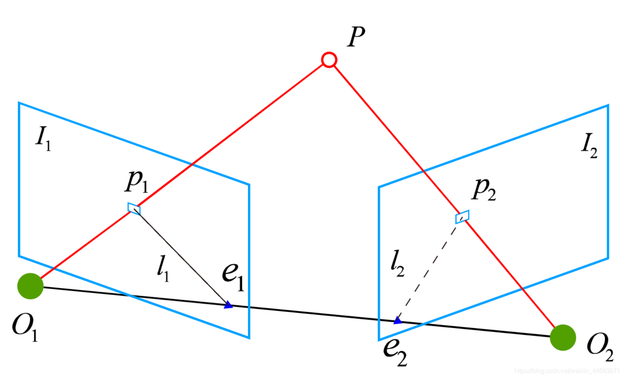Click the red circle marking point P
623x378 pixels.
point(329,60)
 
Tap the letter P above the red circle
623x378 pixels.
point(356,37)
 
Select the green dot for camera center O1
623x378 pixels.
point(30,286)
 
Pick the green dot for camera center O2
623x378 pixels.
point(563,337)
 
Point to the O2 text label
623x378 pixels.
point(600,346)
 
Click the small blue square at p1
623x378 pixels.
point(134,208)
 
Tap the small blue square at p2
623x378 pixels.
point(462,217)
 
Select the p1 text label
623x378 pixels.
point(137,182)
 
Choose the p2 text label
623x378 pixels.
point(484,190)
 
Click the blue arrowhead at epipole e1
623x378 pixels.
point(228,305)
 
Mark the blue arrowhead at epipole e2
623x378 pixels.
point(397,320)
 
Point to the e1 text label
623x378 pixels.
point(233,275)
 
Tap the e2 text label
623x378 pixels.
point(395,351)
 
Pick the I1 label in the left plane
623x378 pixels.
point(43,138)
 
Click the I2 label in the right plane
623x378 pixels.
point(589,145)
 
